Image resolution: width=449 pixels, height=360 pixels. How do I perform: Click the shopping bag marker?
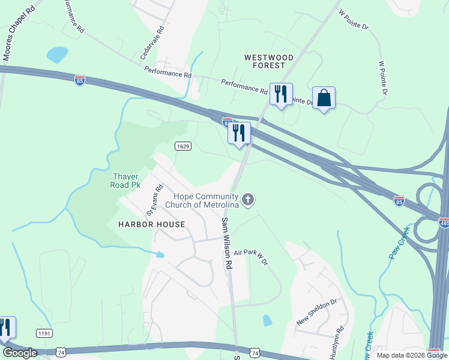(324, 98)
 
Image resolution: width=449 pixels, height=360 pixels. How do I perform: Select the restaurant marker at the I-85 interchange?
(239, 133)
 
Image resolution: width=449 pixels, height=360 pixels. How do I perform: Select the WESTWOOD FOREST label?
(269, 62)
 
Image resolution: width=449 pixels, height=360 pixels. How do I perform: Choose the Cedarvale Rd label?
(151, 42)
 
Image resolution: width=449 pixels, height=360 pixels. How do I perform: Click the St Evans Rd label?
(155, 200)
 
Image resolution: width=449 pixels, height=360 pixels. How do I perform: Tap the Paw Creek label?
(399, 243)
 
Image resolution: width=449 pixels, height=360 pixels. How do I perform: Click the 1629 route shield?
(184, 146)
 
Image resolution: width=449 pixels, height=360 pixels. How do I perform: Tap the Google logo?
(19, 353)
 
